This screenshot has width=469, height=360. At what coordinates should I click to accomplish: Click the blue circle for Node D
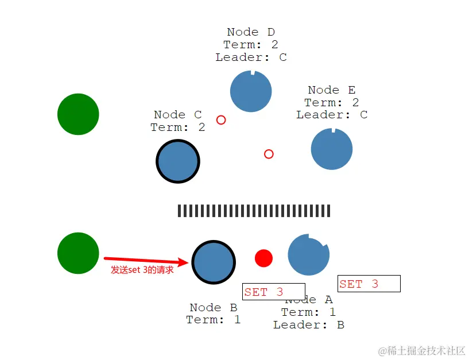click(251, 91)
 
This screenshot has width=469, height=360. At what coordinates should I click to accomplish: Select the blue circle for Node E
click(332, 149)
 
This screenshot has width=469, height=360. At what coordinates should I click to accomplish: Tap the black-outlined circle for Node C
click(178, 161)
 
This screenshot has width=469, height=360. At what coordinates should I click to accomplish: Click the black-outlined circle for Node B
click(213, 262)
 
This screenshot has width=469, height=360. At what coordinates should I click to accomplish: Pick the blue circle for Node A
click(308, 254)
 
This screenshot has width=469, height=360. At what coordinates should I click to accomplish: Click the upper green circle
click(78, 114)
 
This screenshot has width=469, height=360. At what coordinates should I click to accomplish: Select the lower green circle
click(78, 253)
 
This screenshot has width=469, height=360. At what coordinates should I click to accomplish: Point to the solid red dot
click(263, 258)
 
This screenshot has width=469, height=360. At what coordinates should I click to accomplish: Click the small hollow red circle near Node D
click(221, 120)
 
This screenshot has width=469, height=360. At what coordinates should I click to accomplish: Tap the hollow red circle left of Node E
click(269, 154)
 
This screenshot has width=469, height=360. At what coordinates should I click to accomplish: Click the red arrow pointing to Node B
click(146, 261)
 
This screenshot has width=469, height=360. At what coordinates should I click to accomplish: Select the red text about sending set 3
click(142, 270)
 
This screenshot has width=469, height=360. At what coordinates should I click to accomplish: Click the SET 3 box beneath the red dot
click(273, 292)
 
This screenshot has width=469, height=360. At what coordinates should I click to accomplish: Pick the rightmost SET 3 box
click(369, 284)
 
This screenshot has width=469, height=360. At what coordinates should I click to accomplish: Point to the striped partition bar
click(254, 211)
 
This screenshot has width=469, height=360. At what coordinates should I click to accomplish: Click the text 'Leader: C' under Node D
click(251, 57)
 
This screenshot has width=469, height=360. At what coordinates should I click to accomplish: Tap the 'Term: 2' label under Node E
click(332, 103)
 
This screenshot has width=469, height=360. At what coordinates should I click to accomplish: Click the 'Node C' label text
click(178, 115)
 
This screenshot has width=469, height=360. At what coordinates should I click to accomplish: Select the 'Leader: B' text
click(308, 325)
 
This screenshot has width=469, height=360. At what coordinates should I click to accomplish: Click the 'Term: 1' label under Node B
click(213, 320)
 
